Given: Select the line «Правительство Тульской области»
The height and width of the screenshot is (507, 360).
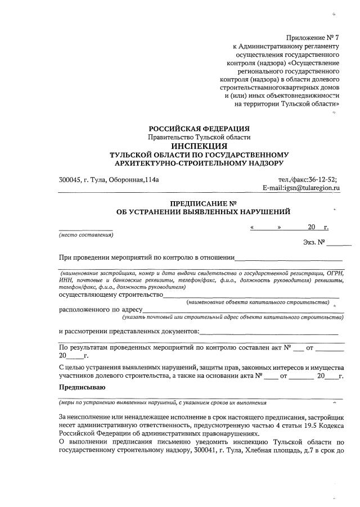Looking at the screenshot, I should (199, 137).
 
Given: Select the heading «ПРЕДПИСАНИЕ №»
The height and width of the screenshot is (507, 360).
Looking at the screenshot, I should (202, 203).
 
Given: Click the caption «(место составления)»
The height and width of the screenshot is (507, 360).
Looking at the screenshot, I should (85, 235).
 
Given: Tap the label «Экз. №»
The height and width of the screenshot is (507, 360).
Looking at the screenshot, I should (314, 243).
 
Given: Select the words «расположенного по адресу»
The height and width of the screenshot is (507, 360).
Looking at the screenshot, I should (100, 309).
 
